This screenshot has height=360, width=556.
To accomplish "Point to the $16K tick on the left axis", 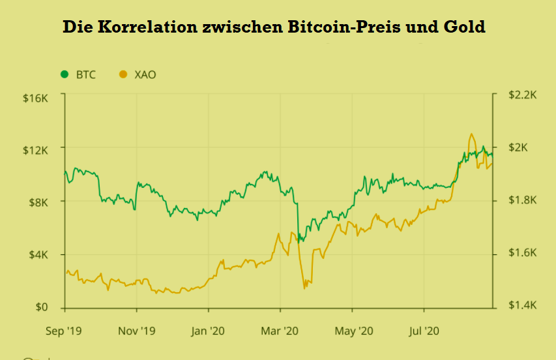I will click(35, 98).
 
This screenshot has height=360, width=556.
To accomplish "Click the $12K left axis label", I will click(35, 151).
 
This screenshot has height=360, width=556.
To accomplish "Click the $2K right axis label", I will click(518, 147).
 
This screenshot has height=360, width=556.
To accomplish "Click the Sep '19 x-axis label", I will click(64, 331).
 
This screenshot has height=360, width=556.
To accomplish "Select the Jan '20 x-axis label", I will click(207, 331).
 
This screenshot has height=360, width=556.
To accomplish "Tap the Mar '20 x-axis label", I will click(280, 331).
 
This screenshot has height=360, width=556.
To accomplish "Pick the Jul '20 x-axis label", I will click(424, 331).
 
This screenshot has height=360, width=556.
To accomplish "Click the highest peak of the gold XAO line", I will click(471, 134).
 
